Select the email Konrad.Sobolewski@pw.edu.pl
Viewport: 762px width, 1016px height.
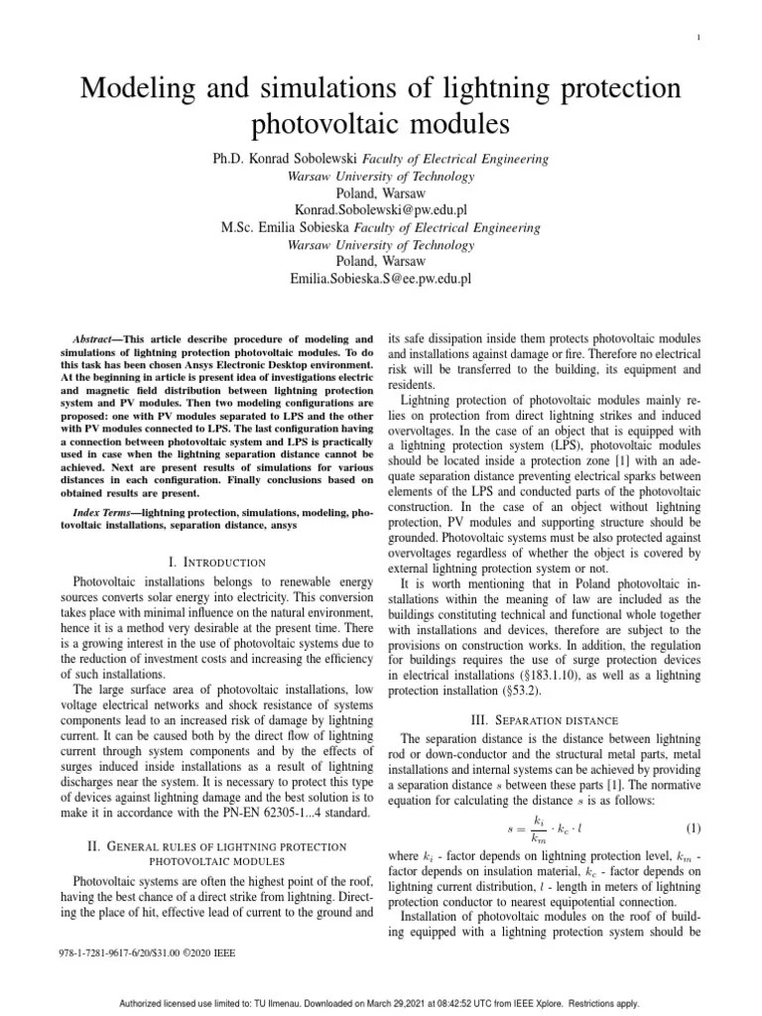[x=380, y=210]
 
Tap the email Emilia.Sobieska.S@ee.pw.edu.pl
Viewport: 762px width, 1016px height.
[x=380, y=279]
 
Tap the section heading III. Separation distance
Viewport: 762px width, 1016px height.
[x=534, y=718]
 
